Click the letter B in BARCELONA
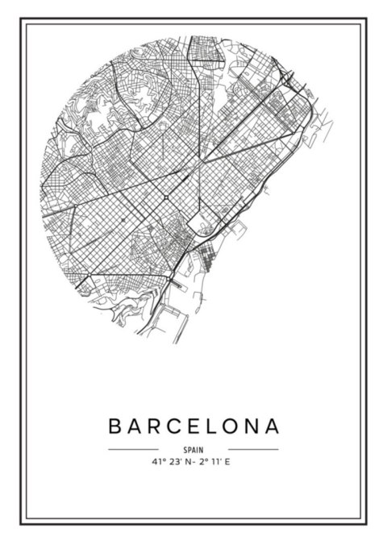pos(114,424)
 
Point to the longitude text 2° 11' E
pos(216,462)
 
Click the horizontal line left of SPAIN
pos(133,449)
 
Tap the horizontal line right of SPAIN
pos(253,449)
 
